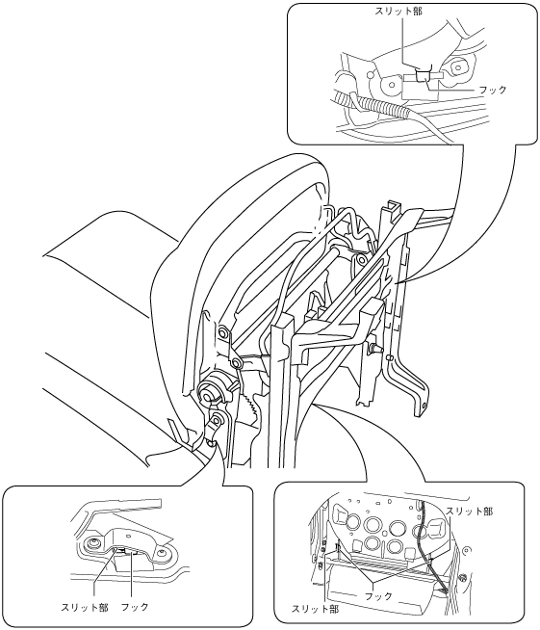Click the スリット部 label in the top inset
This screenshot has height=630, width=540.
tap(399, 11)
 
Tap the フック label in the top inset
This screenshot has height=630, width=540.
tap(493, 90)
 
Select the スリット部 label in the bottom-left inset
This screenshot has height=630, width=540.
tap(85, 607)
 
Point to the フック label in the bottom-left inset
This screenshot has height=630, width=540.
tap(135, 607)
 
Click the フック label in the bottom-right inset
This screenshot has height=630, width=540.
tap(378, 596)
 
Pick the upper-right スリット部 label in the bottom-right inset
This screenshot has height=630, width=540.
tap(470, 512)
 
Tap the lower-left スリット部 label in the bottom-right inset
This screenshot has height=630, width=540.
tap(315, 609)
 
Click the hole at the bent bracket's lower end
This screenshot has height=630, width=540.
tap(424, 406)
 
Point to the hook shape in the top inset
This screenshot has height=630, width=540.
tap(423, 75)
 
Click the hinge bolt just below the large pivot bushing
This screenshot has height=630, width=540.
tap(217, 420)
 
